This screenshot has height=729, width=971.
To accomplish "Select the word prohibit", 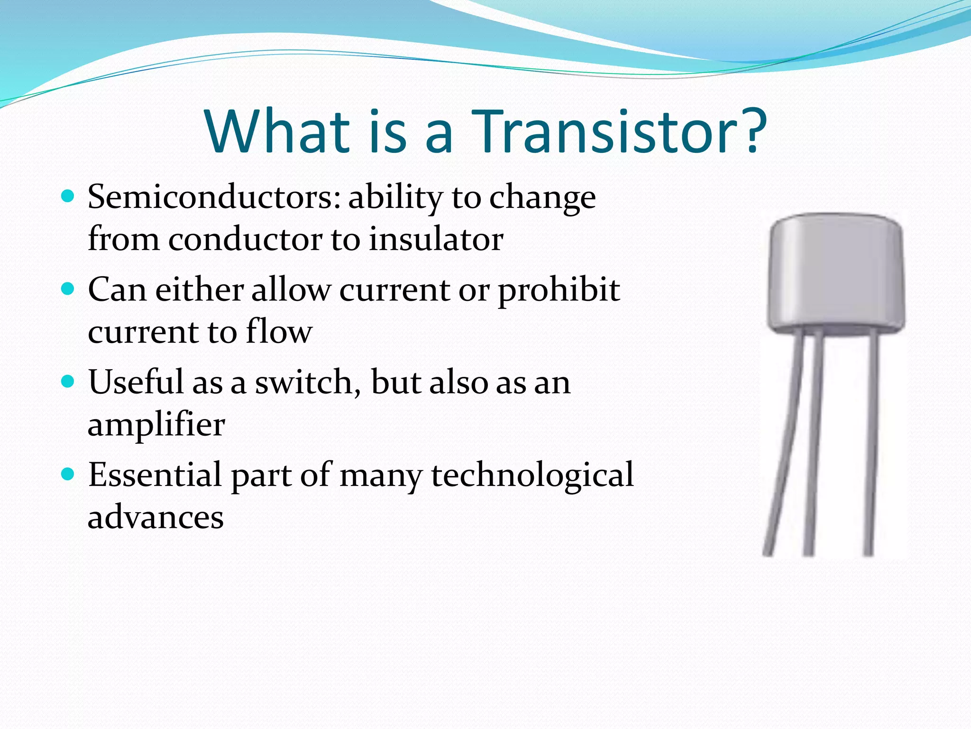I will pyautogui.click(x=559, y=290).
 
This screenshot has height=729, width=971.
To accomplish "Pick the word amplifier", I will pyautogui.click(x=156, y=425).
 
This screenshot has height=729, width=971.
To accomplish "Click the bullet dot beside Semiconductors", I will pyautogui.click(x=68, y=196).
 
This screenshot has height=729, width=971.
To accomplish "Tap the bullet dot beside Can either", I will pyautogui.click(x=68, y=289).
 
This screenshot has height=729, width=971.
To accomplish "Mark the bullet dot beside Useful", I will pyautogui.click(x=68, y=381).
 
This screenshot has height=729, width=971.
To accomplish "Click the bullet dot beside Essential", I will pyautogui.click(x=68, y=474).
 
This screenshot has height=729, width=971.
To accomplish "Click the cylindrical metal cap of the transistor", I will pyautogui.click(x=836, y=273).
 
